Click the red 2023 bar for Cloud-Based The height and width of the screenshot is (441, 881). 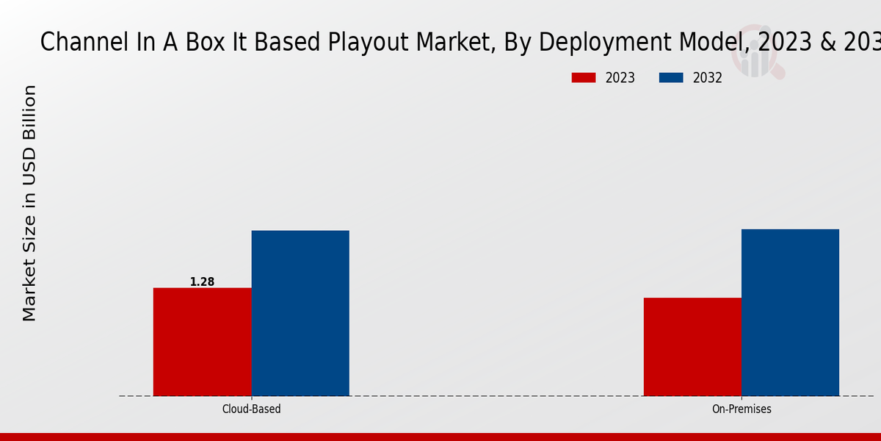coord(202,342)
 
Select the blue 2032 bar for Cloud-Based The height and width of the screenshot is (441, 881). coord(300,313)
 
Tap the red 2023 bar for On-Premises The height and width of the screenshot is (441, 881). coord(692,347)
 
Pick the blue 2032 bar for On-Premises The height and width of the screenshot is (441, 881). coord(790,312)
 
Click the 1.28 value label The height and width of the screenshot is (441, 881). coord(202,282)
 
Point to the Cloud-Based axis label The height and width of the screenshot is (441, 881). coord(251,409)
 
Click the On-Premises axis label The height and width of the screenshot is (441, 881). coord(742,409)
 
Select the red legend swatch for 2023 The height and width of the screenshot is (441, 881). coord(584,78)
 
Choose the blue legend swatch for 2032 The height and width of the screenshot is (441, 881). coord(672,78)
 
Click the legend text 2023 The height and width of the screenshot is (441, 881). coord(620,78)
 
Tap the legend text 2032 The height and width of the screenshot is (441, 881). coord(708,78)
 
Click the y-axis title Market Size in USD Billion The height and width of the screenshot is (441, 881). coord(29,203)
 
